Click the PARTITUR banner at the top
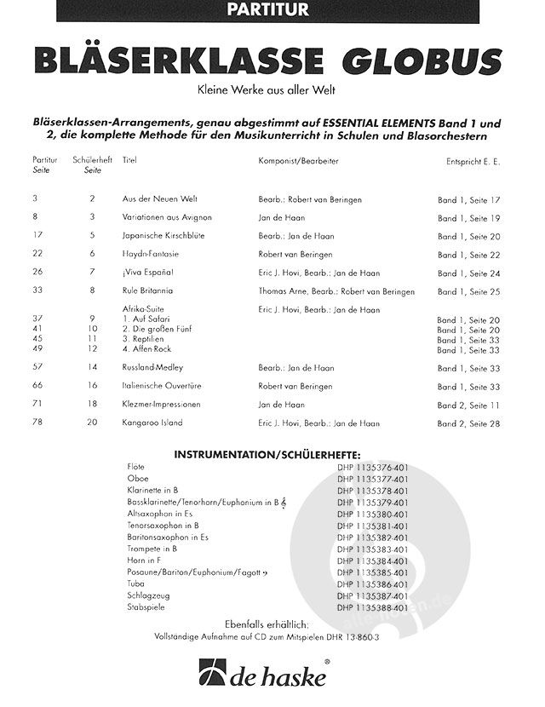272,10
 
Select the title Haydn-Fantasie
149,254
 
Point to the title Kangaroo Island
152,422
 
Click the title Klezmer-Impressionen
161,404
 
